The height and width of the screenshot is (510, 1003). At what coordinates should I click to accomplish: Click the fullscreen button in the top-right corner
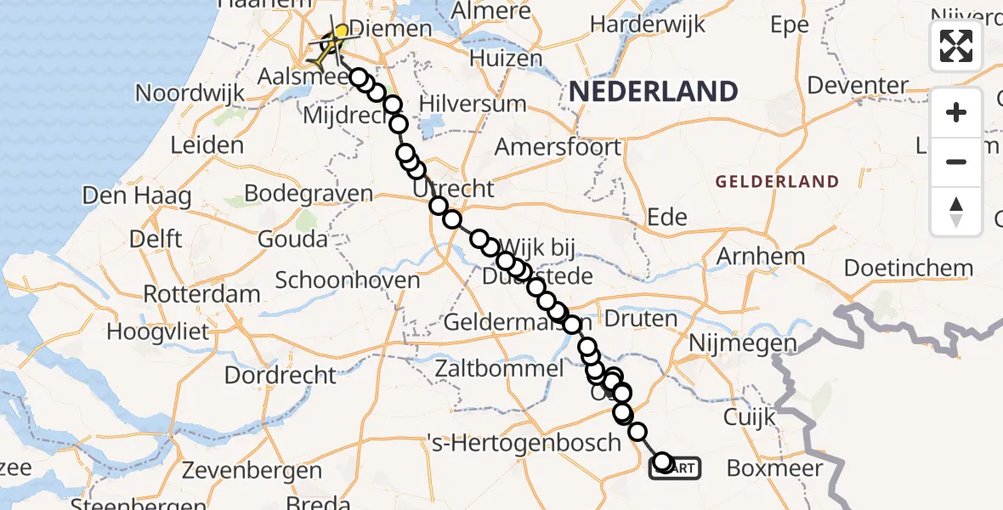[x=956, y=46]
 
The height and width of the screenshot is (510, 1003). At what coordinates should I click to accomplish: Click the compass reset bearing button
[x=956, y=211]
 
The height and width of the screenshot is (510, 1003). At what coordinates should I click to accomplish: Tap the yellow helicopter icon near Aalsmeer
[x=332, y=44]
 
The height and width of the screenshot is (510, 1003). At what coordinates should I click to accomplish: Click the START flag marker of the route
[x=676, y=467]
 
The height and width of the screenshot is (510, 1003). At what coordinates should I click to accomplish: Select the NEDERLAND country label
[x=653, y=91]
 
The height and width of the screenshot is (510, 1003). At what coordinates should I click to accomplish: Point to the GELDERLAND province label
[x=777, y=181]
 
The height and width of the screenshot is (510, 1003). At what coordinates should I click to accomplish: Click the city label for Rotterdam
[x=201, y=294]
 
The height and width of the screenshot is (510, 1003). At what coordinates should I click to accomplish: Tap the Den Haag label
[x=136, y=196]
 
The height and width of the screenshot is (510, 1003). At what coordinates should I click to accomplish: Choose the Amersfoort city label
[x=558, y=146]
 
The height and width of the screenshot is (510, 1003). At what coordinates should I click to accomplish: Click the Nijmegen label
[x=743, y=343]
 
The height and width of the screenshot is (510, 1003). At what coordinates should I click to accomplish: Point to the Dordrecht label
[x=280, y=374]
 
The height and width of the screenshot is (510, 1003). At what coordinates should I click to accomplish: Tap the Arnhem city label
[x=761, y=256]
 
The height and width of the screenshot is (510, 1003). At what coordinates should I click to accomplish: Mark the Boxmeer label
[x=774, y=468]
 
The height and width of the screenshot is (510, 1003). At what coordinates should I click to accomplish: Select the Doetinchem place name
[x=909, y=269]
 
